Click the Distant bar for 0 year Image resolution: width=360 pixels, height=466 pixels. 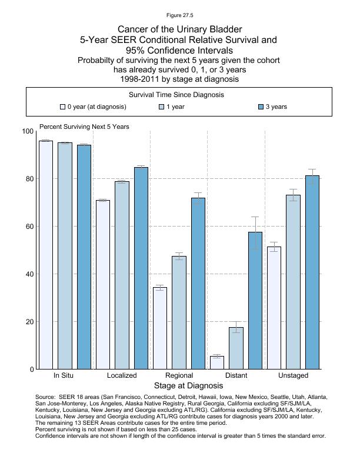(217, 362)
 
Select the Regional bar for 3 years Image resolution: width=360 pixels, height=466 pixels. (198, 284)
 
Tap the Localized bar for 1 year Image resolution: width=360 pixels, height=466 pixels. (122, 275)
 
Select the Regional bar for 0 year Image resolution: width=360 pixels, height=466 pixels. (160, 328)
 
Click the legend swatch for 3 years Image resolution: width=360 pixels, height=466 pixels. (262, 107)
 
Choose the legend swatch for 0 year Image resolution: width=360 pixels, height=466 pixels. (62, 107)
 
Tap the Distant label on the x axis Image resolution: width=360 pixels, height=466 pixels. (236, 375)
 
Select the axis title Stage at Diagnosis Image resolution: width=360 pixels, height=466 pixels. (188, 386)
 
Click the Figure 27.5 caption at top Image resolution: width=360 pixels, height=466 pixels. (179, 15)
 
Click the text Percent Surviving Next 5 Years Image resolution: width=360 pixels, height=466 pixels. (84, 127)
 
